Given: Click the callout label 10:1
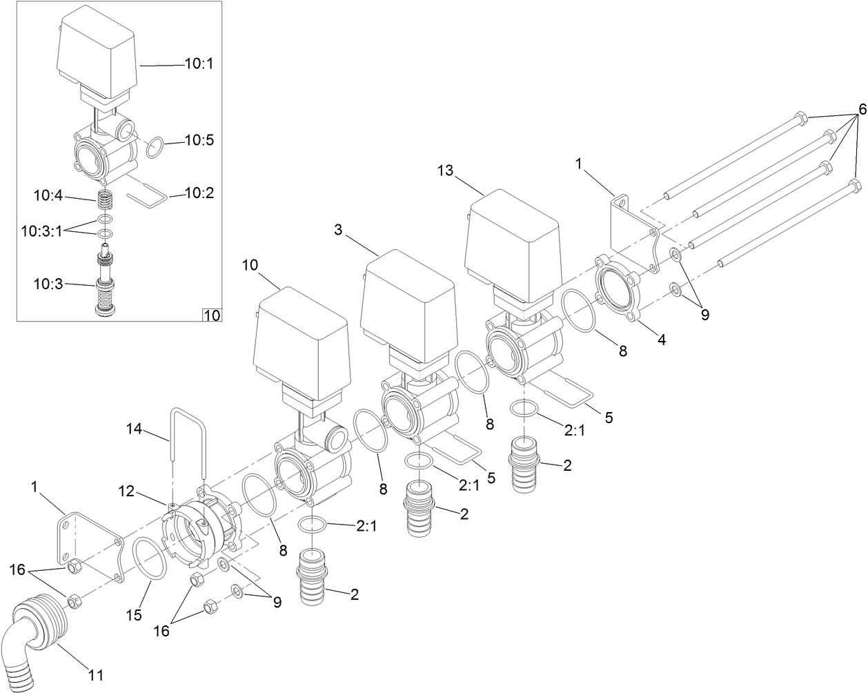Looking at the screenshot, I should pyautogui.click(x=199, y=64).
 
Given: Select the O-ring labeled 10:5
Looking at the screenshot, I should pyautogui.click(x=156, y=147).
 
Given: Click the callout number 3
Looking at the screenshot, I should pyautogui.click(x=338, y=230).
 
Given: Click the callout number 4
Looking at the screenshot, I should pyautogui.click(x=661, y=340).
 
